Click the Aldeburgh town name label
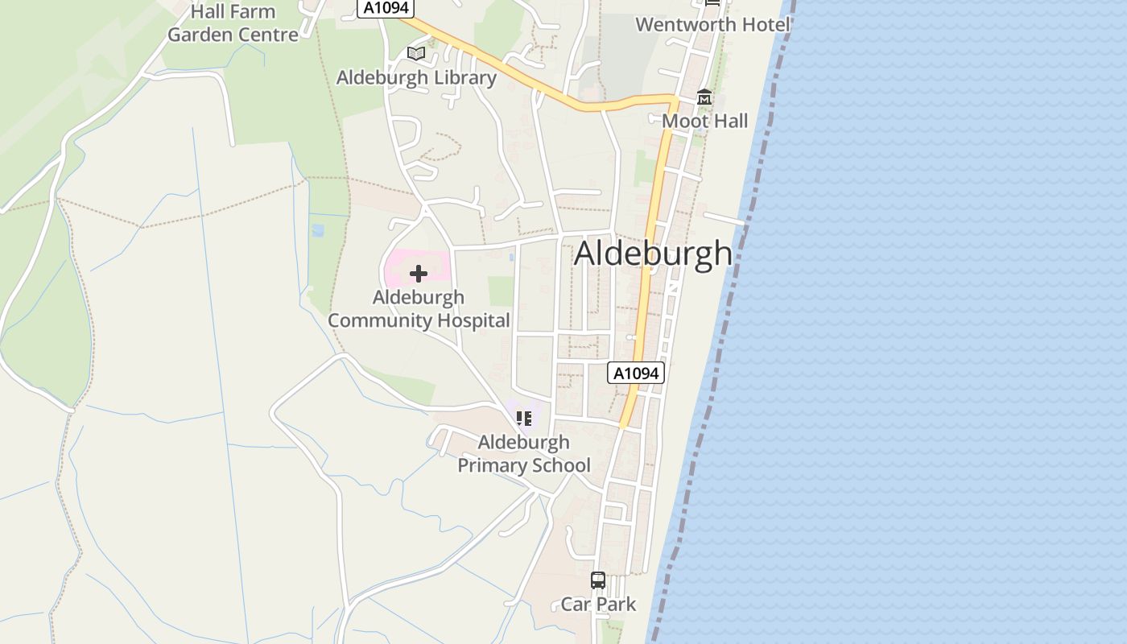tap(653, 254)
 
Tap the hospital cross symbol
tap(418, 274)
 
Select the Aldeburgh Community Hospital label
tap(419, 309)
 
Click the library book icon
tap(415, 54)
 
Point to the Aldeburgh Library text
tap(415, 78)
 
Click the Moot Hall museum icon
tap(704, 98)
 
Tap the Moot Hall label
tap(704, 122)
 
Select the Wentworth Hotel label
tap(712, 25)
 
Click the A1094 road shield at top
tap(386, 8)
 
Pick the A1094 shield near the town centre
tap(636, 374)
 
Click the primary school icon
tap(524, 419)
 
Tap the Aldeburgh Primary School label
tap(524, 454)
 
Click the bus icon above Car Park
tap(598, 580)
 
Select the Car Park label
tap(598, 605)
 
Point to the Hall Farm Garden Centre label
tap(233, 23)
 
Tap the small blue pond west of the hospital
tap(317, 231)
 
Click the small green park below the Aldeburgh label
tap(501, 291)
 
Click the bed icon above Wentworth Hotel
tap(712, 3)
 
